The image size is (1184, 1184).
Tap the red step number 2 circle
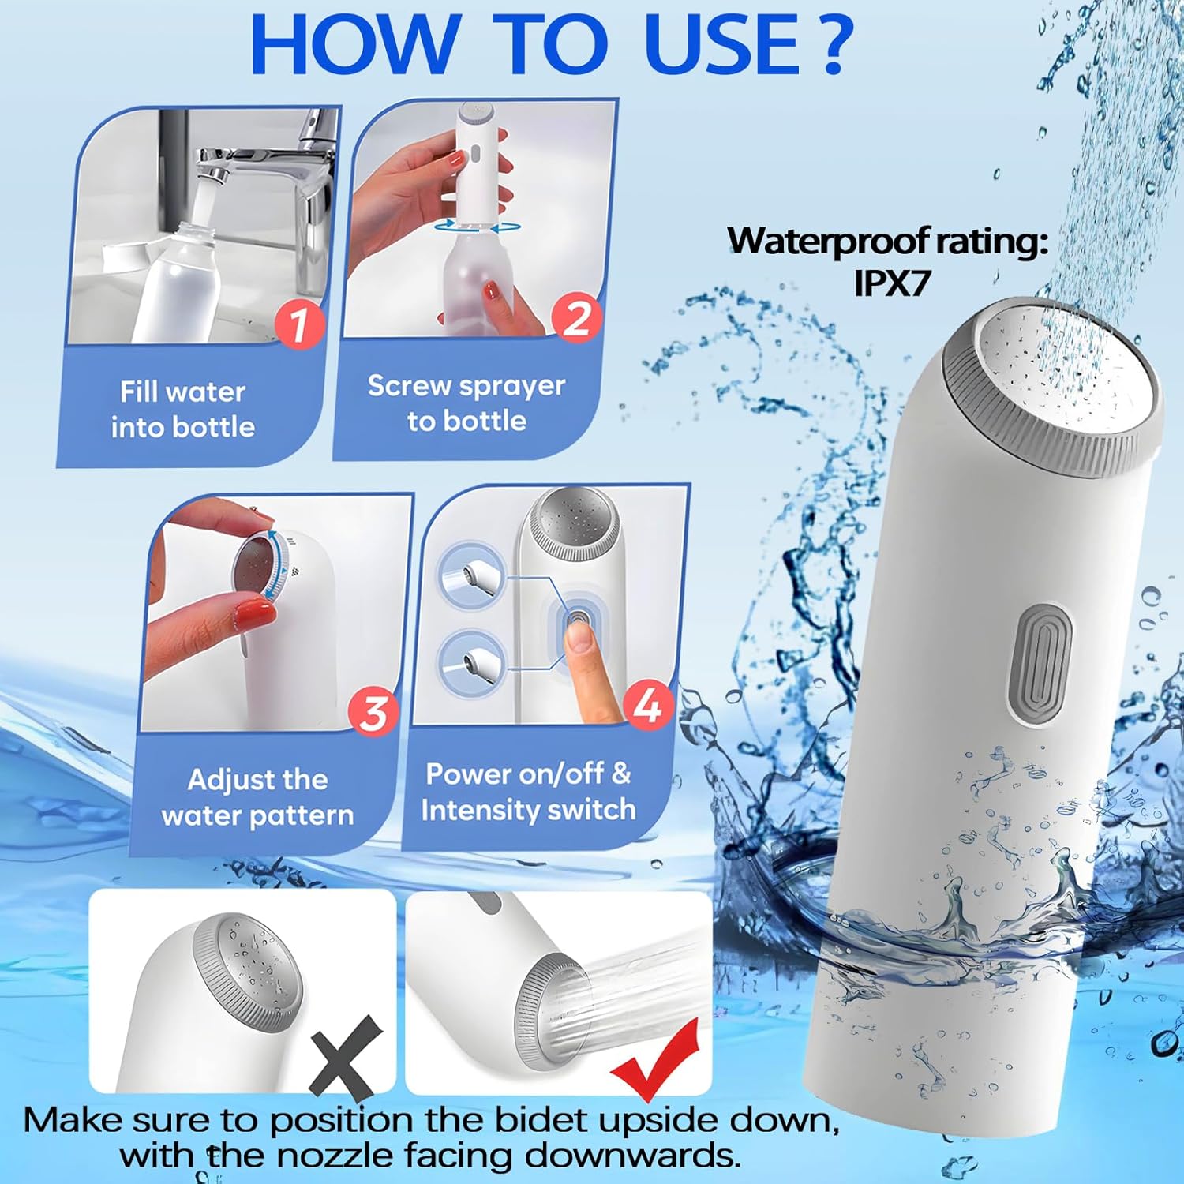577,317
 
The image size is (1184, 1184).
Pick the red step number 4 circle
648,705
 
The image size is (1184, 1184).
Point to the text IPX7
892,283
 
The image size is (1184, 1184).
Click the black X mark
346,1058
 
